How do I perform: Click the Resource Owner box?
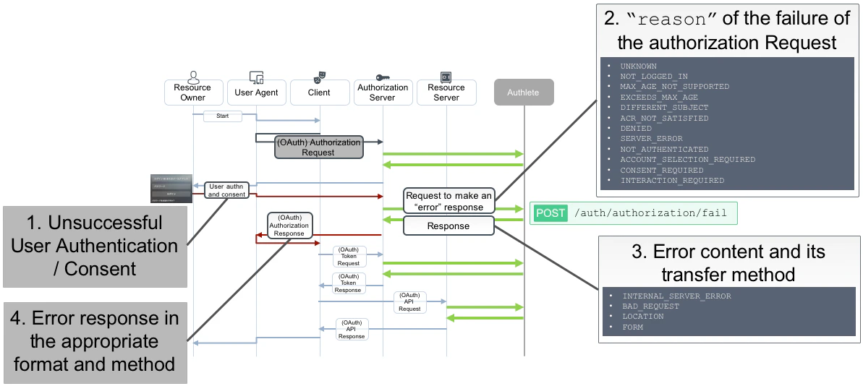(192, 93)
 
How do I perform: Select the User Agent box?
(256, 93)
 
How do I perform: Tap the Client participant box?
(319, 93)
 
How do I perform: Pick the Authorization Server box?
(383, 93)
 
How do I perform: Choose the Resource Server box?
(446, 93)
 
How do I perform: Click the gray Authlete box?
(524, 93)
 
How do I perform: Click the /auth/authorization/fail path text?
(649, 213)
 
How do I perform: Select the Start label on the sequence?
(222, 116)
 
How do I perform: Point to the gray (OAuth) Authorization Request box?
(318, 147)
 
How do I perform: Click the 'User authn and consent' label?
(227, 190)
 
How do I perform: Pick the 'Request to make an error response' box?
(448, 201)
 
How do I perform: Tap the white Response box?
(448, 226)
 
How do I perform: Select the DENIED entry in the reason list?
(636, 128)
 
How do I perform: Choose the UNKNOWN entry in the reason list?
(638, 66)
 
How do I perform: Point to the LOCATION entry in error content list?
(642, 317)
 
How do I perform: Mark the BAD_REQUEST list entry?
(650, 306)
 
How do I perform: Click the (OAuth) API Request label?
(409, 302)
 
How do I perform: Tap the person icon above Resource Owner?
(193, 76)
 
